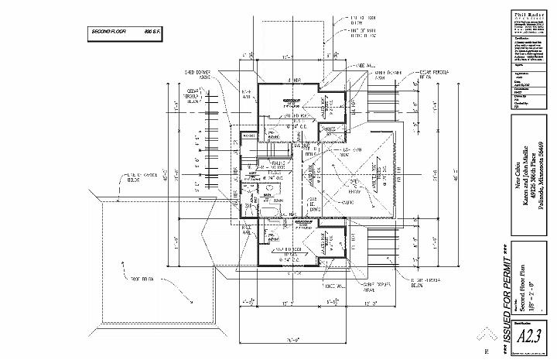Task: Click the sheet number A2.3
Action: pos(528,337)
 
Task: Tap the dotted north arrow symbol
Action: pos(487,334)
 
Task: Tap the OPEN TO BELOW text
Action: pos(357,186)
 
